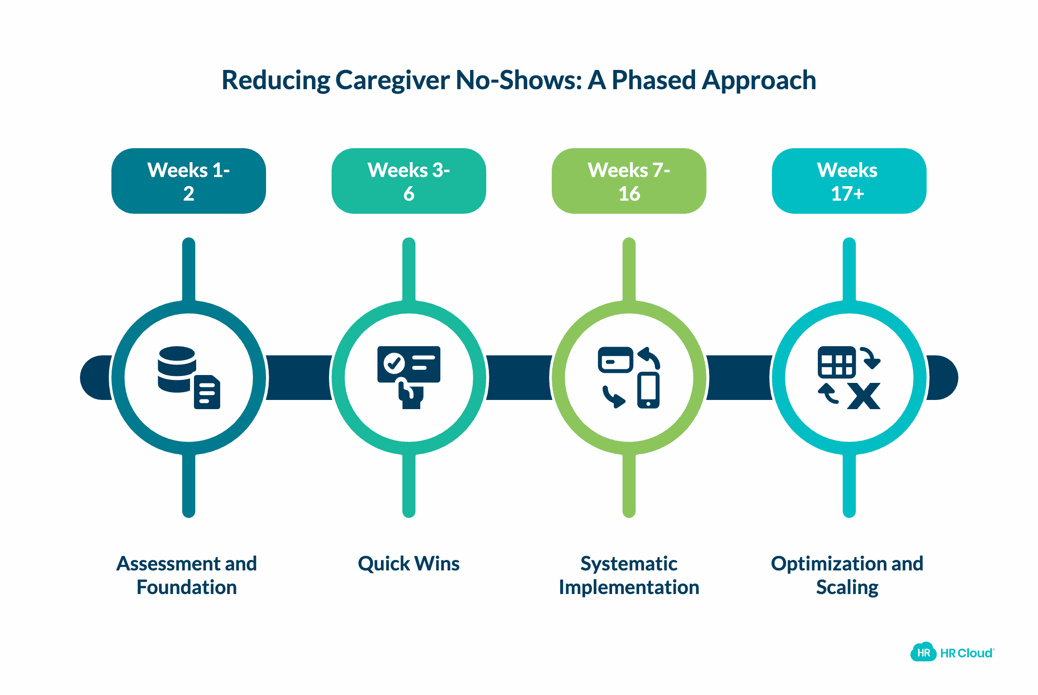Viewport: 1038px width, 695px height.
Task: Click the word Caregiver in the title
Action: [392, 81]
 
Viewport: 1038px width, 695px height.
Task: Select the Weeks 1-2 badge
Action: [188, 181]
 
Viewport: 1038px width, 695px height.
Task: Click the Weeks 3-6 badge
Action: [408, 181]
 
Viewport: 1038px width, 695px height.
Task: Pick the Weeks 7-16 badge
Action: [629, 181]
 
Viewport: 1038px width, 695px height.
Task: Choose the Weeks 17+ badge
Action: [848, 181]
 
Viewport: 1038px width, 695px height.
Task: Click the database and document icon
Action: [189, 378]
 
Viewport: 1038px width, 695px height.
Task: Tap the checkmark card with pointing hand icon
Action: [408, 377]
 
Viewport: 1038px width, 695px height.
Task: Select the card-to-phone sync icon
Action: [629, 377]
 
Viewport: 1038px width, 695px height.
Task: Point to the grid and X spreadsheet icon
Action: [848, 378]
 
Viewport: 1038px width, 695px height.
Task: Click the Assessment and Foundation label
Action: [187, 575]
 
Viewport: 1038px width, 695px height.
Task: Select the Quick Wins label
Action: [408, 564]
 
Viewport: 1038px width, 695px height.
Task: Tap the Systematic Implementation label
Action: [629, 575]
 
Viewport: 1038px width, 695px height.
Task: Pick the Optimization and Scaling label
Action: [847, 575]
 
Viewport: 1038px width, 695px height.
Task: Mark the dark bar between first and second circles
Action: [298, 378]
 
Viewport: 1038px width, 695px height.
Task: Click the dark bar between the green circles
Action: [519, 378]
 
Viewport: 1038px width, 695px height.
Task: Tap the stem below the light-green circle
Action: [629, 485]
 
